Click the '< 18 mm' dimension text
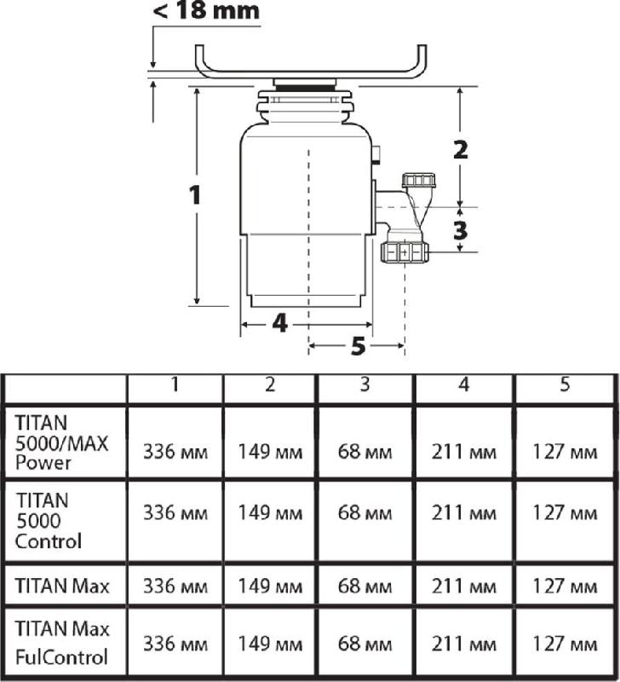coord(206,10)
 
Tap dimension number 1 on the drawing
coord(195,194)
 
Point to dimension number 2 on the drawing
coord(461,150)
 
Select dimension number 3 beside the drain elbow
coord(460,230)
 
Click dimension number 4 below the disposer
coord(280,324)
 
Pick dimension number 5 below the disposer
coord(358,347)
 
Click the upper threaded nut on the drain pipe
coord(420,181)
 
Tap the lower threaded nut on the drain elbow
coord(405,252)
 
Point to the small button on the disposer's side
coord(377,155)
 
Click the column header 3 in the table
coord(365,384)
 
